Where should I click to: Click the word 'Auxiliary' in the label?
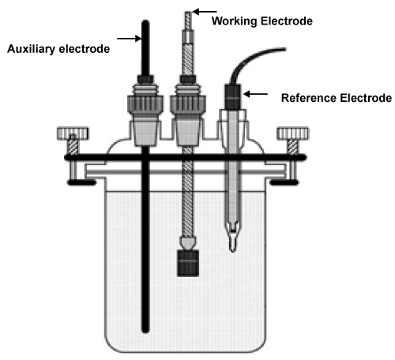coord(31,49)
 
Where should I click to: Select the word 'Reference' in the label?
coord(309,98)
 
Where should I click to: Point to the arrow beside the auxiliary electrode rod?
coord(129,39)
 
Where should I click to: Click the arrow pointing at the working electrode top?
coord(205,12)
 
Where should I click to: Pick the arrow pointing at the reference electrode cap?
coord(255,94)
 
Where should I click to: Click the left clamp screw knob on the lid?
coord(73,133)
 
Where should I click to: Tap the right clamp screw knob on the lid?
coord(292,133)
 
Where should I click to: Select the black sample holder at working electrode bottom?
coord(188,263)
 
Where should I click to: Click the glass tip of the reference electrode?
coord(232,238)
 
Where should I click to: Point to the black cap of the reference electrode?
coord(232,96)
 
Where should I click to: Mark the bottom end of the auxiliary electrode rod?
coord(145,332)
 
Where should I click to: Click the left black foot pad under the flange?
coord(82,182)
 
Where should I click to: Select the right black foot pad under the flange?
coord(284,182)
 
